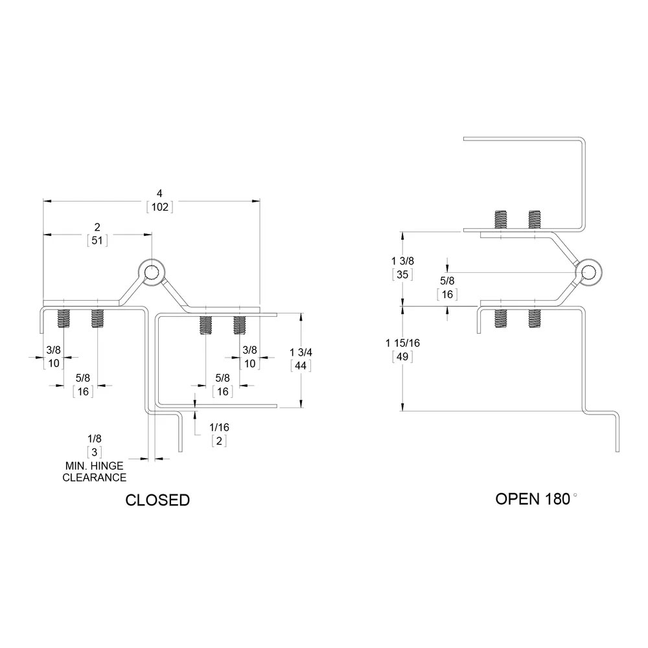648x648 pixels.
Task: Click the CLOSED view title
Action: [157, 500]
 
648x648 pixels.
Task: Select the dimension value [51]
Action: [97, 240]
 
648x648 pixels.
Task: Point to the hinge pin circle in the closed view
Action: [151, 272]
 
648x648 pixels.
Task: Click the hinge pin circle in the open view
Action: [588, 272]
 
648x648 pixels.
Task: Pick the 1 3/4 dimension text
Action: [301, 352]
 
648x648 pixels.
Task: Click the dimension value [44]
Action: [301, 365]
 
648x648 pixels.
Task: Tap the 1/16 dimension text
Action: [219, 427]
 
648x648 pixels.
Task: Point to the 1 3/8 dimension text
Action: [402, 260]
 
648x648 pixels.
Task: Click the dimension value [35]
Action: [402, 273]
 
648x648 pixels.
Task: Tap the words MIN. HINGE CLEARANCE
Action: [95, 472]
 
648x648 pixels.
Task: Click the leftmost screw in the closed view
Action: [64, 318]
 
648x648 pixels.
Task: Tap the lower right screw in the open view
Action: [535, 318]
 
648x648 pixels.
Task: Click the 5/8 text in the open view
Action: [447, 281]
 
